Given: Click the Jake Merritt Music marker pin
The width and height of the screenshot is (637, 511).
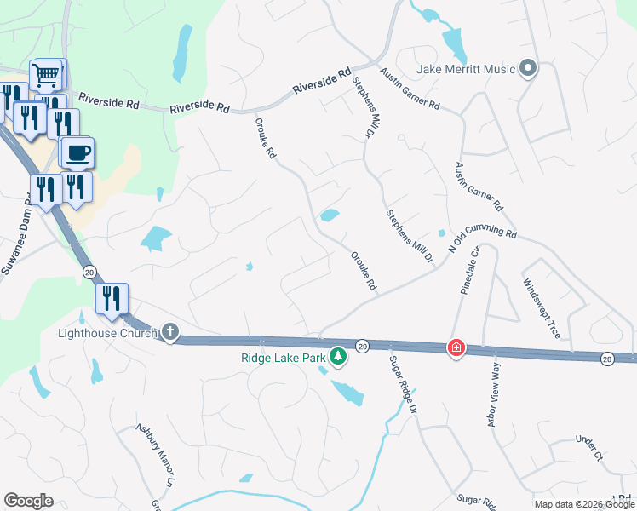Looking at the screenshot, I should [x=528, y=68].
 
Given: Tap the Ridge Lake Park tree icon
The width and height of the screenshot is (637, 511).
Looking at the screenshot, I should [x=338, y=355].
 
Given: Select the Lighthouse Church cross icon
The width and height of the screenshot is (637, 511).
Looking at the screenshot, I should [x=169, y=333].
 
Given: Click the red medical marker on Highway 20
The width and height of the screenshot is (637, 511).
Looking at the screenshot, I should [x=456, y=347].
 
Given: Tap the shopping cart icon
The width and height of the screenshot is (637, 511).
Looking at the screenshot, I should [x=48, y=75].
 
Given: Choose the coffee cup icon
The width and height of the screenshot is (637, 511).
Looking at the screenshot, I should [x=77, y=152].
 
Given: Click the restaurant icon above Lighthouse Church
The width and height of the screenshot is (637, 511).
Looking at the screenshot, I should [x=112, y=299].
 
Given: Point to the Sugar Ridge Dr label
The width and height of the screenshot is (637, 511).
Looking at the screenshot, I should [x=403, y=384].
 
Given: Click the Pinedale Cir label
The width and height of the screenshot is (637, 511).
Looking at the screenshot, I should [x=471, y=270].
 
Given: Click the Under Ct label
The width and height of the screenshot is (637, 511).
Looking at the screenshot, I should [x=588, y=448].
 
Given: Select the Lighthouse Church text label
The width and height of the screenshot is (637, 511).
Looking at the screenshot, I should [x=107, y=333].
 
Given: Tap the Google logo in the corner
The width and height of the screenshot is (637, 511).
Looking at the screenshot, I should [x=28, y=501].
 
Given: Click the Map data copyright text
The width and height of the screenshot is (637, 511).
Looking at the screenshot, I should [x=584, y=504].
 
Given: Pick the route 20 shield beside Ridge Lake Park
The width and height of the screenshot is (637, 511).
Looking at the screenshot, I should [x=362, y=346].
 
